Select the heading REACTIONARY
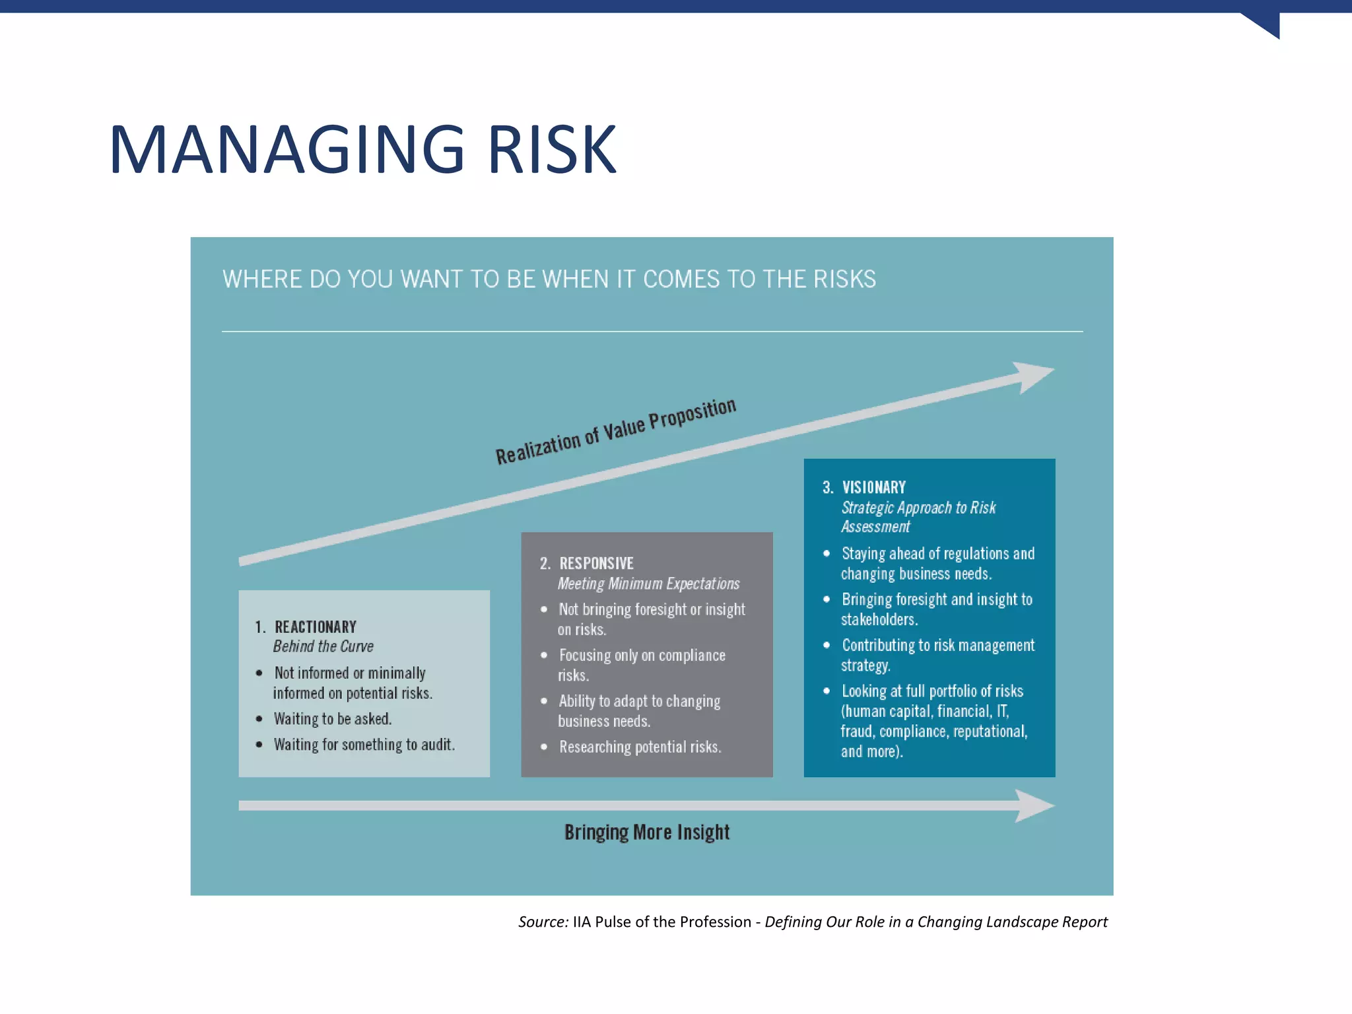point(316,626)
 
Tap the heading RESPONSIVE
point(596,563)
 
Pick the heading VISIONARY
point(873,487)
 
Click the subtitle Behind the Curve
point(323,646)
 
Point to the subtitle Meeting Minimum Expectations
point(648,584)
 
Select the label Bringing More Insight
point(647,832)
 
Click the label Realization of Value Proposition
point(615,432)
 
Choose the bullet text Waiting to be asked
point(333,718)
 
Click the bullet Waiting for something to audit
point(364,745)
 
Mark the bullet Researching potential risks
point(640,747)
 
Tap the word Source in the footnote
point(543,922)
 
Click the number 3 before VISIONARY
point(827,487)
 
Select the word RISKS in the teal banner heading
point(844,279)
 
